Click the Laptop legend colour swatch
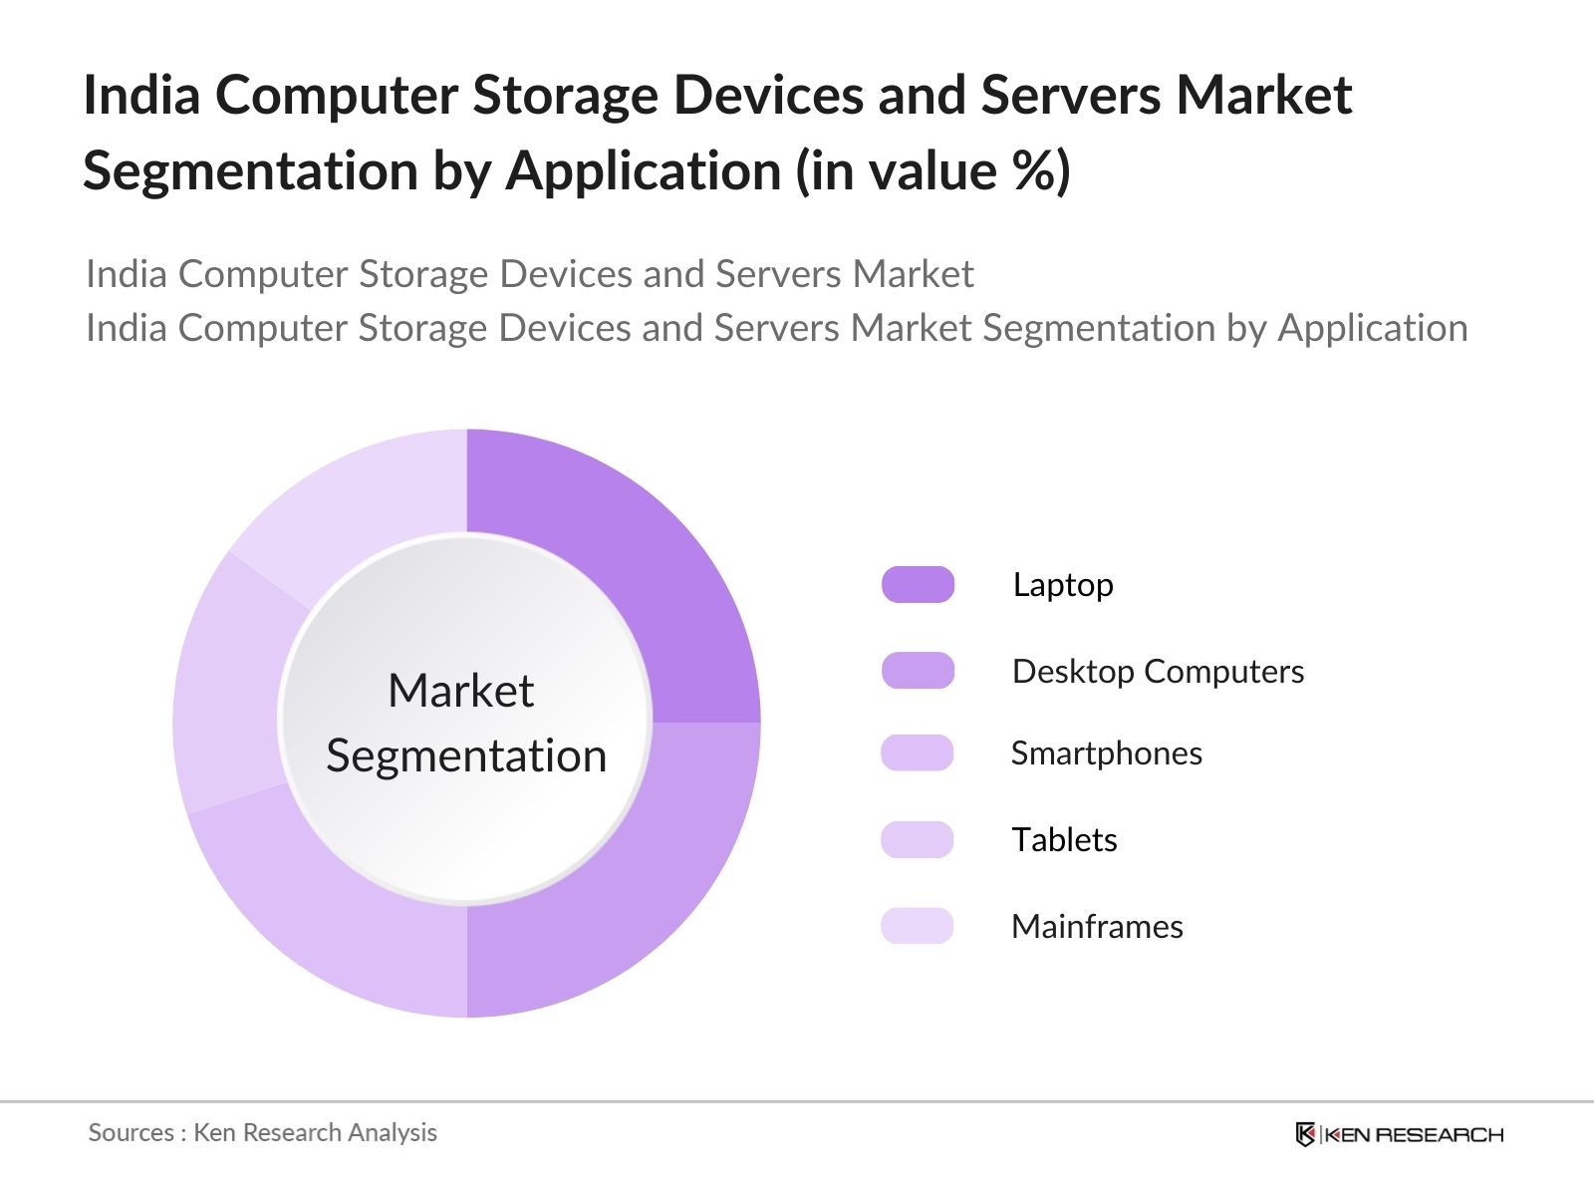918,585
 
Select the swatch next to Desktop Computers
918,671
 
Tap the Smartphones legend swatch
918,753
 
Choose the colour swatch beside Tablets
918,840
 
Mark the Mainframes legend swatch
918,926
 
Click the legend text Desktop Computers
1158,672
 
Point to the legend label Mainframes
1097,927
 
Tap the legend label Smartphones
1106,753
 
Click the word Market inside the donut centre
461,691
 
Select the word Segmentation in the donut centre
466,756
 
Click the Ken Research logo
1399,1134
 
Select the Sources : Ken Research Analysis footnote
263,1133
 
